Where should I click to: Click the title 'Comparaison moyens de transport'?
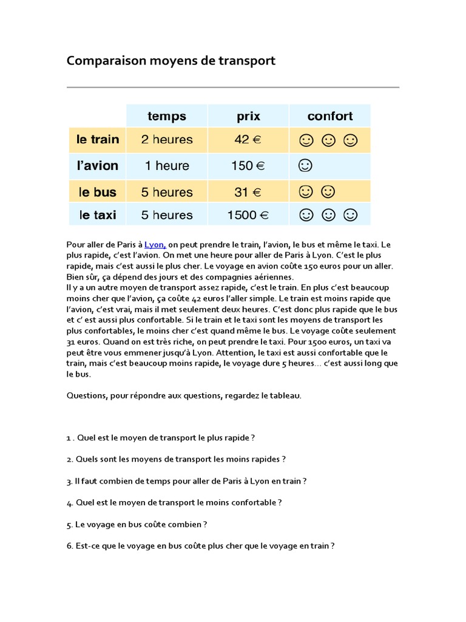[171, 61]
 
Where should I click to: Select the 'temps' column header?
[167, 116]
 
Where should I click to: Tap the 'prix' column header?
[248, 116]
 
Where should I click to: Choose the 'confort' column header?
[329, 116]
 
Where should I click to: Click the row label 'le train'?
[98, 140]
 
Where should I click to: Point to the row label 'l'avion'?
[98, 166]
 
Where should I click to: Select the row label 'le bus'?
[98, 193]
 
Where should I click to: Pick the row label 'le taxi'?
[98, 215]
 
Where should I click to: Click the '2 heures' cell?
[167, 140]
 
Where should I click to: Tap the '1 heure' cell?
[167, 166]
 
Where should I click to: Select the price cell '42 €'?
[248, 140]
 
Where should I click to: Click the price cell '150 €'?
[248, 166]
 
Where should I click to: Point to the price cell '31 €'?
[248, 193]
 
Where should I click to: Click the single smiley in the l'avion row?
[305, 165]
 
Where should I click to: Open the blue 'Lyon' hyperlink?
[155, 245]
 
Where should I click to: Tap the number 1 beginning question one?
[69, 437]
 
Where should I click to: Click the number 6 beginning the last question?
[69, 546]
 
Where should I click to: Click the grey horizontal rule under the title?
[232, 87]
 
